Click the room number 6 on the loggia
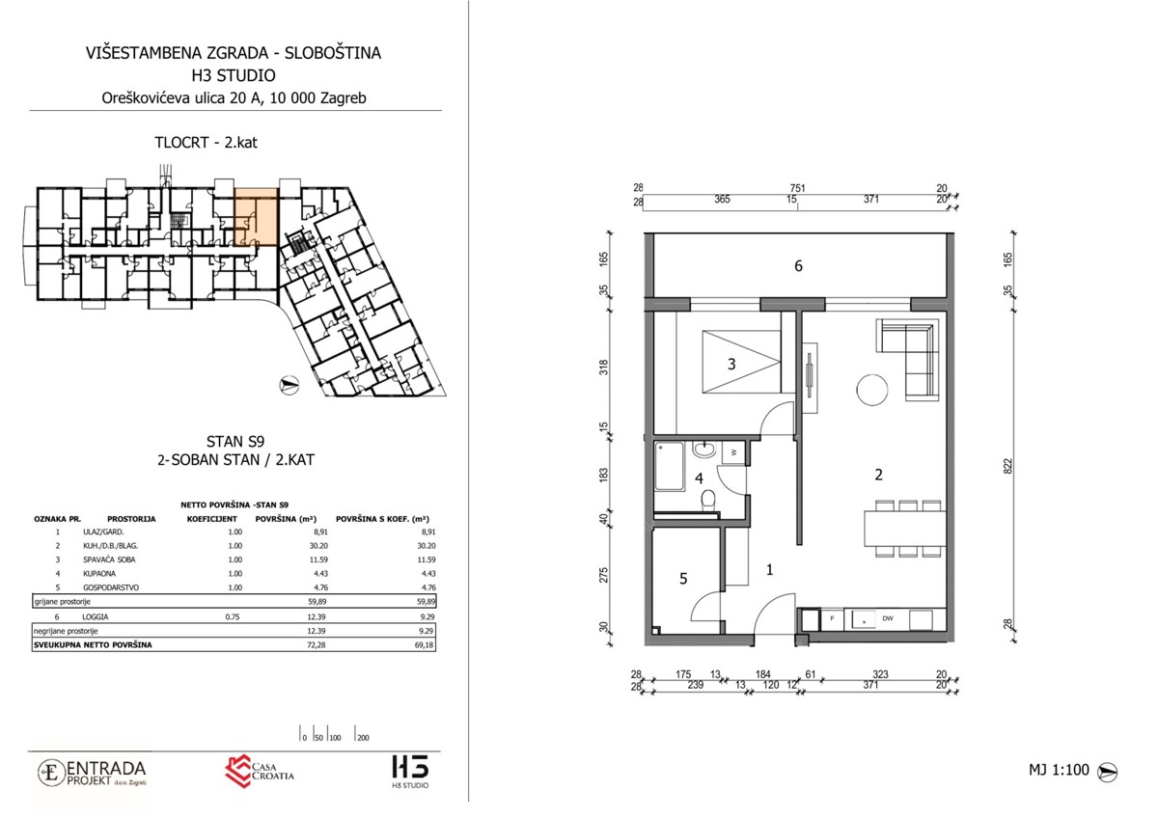798,266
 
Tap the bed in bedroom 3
741,363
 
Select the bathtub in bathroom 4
669,466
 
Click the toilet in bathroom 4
708,500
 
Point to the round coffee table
872,390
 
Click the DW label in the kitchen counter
888,618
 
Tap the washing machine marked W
733,452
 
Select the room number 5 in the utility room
683,579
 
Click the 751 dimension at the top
798,189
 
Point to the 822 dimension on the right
1007,467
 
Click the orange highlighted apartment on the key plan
257,217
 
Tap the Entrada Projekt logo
92,773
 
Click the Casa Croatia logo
260,772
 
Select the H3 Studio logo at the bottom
410,772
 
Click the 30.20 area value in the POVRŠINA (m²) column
317,546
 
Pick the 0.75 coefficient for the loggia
233,616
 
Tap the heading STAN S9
235,441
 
